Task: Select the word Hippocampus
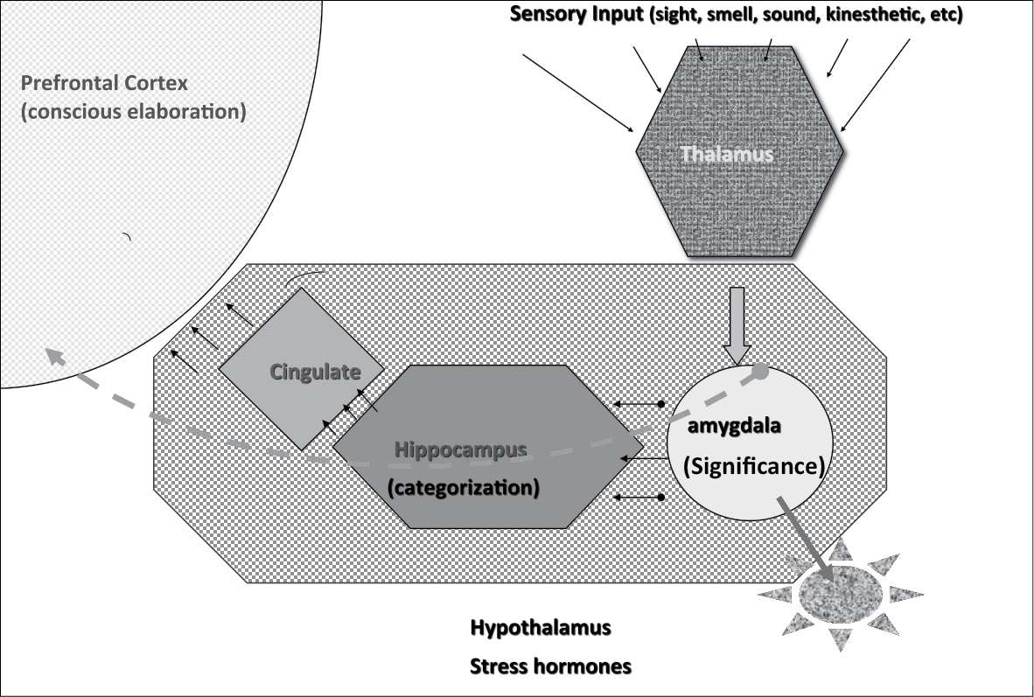point(461,450)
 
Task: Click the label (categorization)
point(461,486)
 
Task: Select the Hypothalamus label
point(540,629)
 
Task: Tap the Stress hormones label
point(550,666)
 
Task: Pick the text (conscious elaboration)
point(132,112)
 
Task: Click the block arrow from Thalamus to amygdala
point(737,324)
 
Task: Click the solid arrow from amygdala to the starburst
point(800,529)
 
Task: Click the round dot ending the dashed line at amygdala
point(761,372)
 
